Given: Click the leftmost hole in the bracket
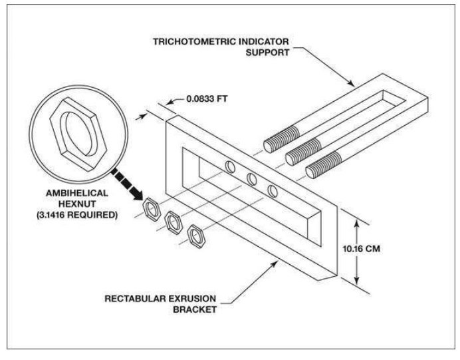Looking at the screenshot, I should pyautogui.click(x=230, y=166).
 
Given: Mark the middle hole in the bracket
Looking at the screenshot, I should pyautogui.click(x=251, y=178).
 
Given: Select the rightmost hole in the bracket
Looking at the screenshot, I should pyautogui.click(x=273, y=190).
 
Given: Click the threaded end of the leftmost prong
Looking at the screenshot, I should pyautogui.click(x=279, y=143).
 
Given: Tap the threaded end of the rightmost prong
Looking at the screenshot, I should pyautogui.click(x=323, y=167).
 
